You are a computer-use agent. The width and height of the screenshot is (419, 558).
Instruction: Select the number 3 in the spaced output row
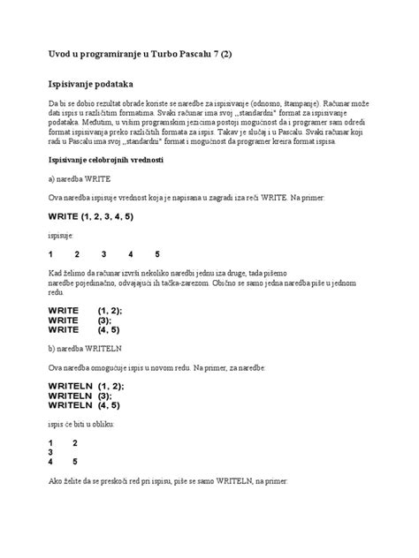point(103,254)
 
